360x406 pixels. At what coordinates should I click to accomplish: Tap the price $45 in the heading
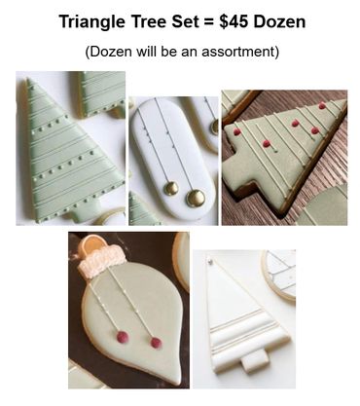pos(234,21)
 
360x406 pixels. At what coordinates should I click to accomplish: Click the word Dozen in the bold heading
pos(279,21)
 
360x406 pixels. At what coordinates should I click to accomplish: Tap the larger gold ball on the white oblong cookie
pos(196,198)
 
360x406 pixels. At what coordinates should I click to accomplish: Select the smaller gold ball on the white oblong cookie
pos(170,188)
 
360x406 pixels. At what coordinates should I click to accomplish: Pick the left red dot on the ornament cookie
pos(123,337)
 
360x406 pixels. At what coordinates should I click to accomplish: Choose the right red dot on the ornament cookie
pos(156,343)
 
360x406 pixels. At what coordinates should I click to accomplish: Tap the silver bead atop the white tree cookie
pos(210,260)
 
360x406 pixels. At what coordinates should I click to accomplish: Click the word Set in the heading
pos(183,21)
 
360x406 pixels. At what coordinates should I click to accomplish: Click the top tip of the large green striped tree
pos(28,79)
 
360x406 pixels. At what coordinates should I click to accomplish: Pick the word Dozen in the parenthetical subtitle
pos(109,52)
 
